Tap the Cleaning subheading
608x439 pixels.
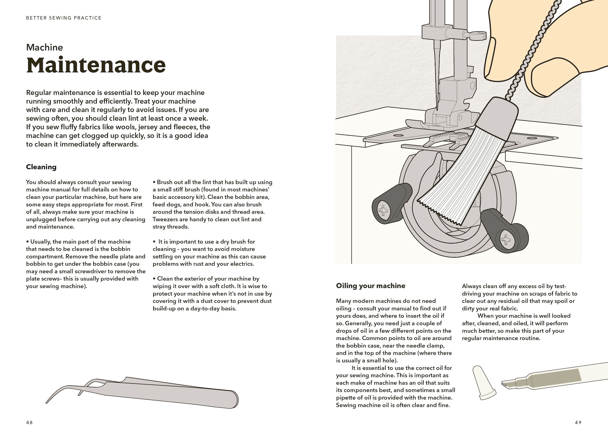(41, 167)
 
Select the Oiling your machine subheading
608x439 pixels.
(370, 286)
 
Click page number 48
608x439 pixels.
(29, 422)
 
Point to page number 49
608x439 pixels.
(578, 422)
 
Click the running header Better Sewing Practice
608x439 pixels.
(64, 18)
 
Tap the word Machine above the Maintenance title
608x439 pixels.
(44, 47)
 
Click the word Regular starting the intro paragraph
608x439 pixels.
(38, 93)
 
